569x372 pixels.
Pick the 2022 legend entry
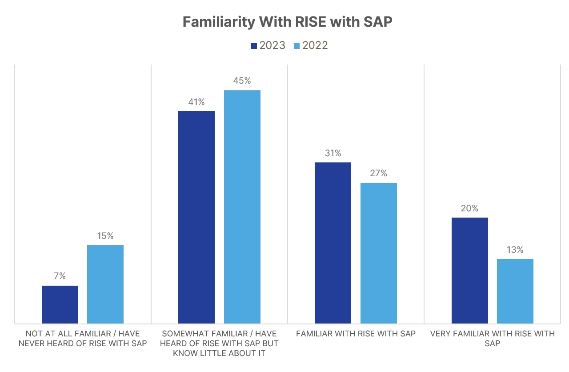[x=310, y=45]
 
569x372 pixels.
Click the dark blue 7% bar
[x=60, y=304]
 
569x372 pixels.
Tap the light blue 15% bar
[x=105, y=284]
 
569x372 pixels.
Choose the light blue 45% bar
[x=242, y=207]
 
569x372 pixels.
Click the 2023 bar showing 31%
[x=333, y=243]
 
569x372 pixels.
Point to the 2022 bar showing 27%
[x=378, y=253]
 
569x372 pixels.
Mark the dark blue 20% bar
[x=469, y=271]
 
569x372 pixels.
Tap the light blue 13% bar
[x=515, y=291]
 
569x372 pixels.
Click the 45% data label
[x=242, y=81]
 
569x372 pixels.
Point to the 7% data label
[x=60, y=276]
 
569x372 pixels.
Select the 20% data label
[x=469, y=208]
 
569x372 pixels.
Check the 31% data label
[x=333, y=154]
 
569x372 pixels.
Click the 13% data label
[x=515, y=250]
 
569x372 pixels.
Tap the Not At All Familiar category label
[x=83, y=339]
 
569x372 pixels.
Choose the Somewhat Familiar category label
[x=219, y=344]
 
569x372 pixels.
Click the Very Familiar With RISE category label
[x=493, y=339]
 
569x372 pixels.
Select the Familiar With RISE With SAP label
[x=356, y=334]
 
